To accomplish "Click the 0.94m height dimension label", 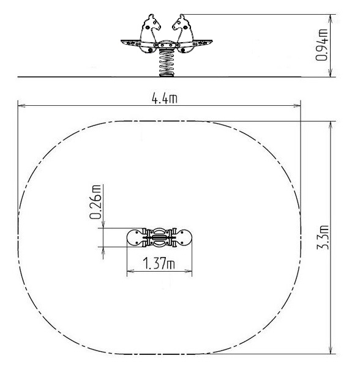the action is [x=321, y=45].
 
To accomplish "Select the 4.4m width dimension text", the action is [x=164, y=99].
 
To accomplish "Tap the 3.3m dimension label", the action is [x=323, y=237].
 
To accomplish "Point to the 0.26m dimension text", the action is [x=95, y=202].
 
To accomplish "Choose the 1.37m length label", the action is [x=159, y=263].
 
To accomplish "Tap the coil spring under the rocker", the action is [x=167, y=63].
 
